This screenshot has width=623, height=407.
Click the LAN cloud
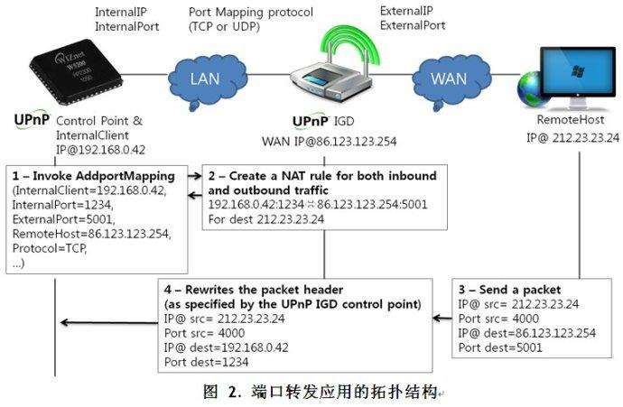click(205, 79)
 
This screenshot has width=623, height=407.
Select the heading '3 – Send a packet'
click(511, 291)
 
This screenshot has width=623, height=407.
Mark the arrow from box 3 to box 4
click(440, 317)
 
